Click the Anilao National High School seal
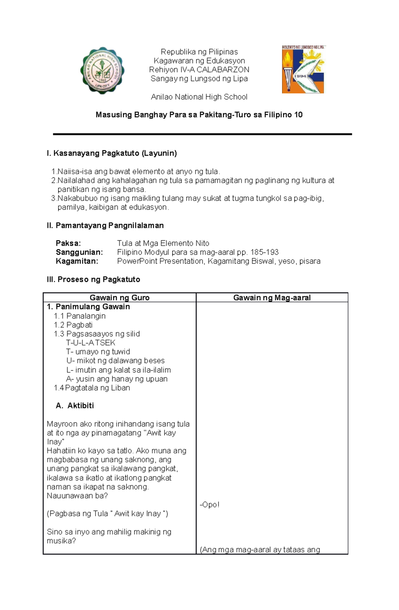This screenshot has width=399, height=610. [x=102, y=70]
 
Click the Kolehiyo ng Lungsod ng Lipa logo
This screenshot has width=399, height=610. [x=303, y=69]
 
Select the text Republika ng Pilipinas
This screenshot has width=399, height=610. [x=199, y=52]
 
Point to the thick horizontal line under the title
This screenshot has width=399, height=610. [x=202, y=134]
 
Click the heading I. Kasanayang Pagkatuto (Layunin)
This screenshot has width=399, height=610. [x=112, y=153]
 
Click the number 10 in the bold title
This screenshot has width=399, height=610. [x=298, y=115]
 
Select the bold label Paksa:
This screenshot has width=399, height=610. [x=68, y=243]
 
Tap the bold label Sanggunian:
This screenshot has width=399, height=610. [x=79, y=252]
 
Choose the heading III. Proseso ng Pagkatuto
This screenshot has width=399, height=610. [x=93, y=280]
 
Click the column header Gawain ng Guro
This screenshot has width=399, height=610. [x=119, y=298]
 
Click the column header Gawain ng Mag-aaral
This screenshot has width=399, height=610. [x=272, y=298]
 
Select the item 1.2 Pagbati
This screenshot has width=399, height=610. [x=73, y=325]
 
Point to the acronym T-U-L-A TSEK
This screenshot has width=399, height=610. [x=90, y=343]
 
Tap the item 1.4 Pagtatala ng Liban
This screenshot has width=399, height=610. [x=92, y=388]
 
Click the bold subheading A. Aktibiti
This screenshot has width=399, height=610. [x=75, y=406]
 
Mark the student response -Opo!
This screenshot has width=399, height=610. [x=209, y=505]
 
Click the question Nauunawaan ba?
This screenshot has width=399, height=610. [x=77, y=496]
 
